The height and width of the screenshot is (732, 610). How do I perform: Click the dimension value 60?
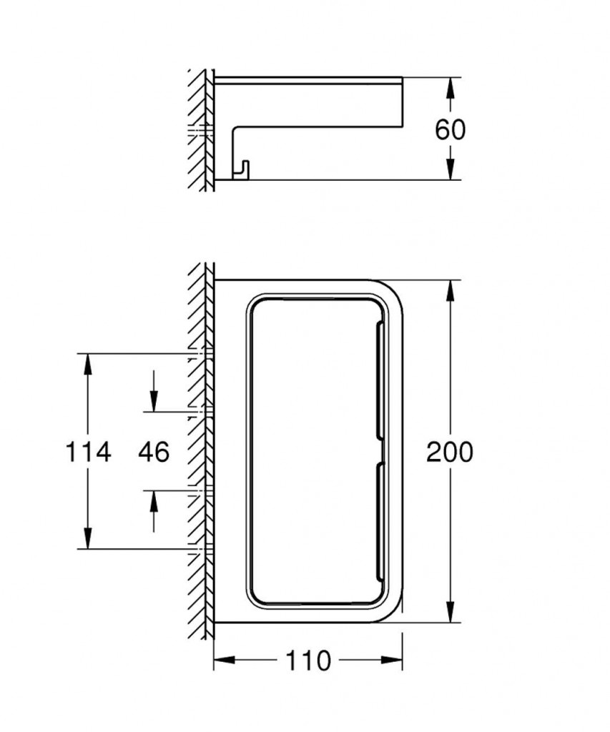450,129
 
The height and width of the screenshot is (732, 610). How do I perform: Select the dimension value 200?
450,452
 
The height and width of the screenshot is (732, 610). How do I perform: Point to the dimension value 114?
89,452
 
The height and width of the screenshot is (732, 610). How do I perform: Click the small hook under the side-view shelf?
242,169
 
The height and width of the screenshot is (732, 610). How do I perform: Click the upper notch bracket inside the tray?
379,379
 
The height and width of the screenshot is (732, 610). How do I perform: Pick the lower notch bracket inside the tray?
379,518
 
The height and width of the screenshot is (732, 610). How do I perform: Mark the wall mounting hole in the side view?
202,131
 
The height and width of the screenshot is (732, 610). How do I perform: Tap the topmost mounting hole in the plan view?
202,353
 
